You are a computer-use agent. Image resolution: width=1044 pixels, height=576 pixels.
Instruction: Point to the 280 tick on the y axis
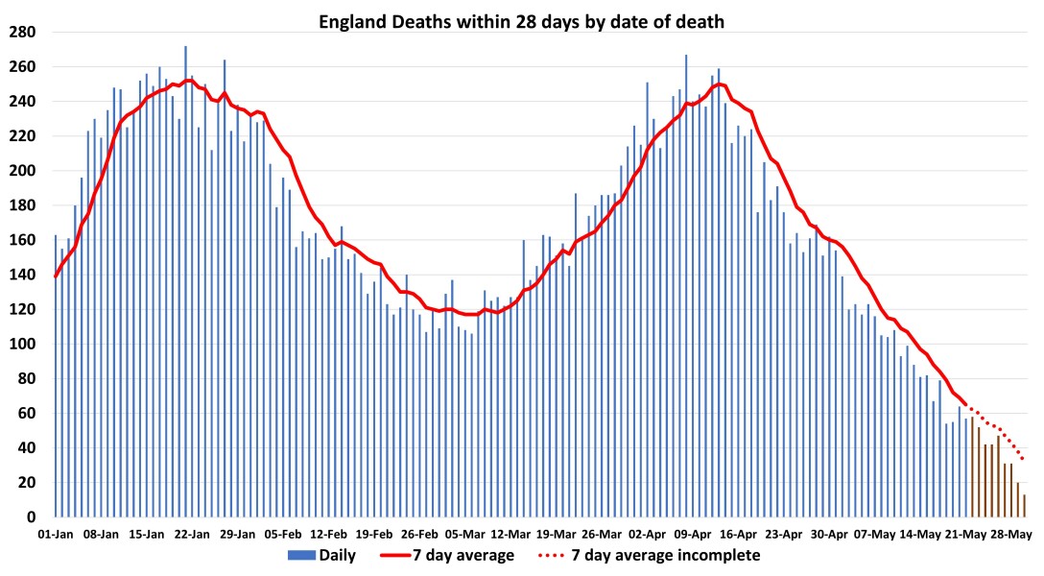tap(22, 32)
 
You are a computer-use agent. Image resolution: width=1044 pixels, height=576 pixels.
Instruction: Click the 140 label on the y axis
tap(22, 275)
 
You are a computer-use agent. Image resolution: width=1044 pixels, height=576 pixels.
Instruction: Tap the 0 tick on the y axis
tap(31, 517)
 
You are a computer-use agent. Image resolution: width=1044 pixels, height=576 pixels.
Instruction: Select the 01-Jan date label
tap(56, 534)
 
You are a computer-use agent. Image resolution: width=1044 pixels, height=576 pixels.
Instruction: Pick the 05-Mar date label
tap(466, 534)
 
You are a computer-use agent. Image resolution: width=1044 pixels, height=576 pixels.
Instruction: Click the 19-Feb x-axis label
tap(375, 534)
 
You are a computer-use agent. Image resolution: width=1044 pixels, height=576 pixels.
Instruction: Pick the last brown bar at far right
tap(1024, 506)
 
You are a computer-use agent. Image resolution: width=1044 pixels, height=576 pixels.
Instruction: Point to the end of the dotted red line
tap(1024, 460)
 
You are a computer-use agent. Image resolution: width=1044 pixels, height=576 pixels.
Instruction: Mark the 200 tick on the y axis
tap(22, 171)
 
